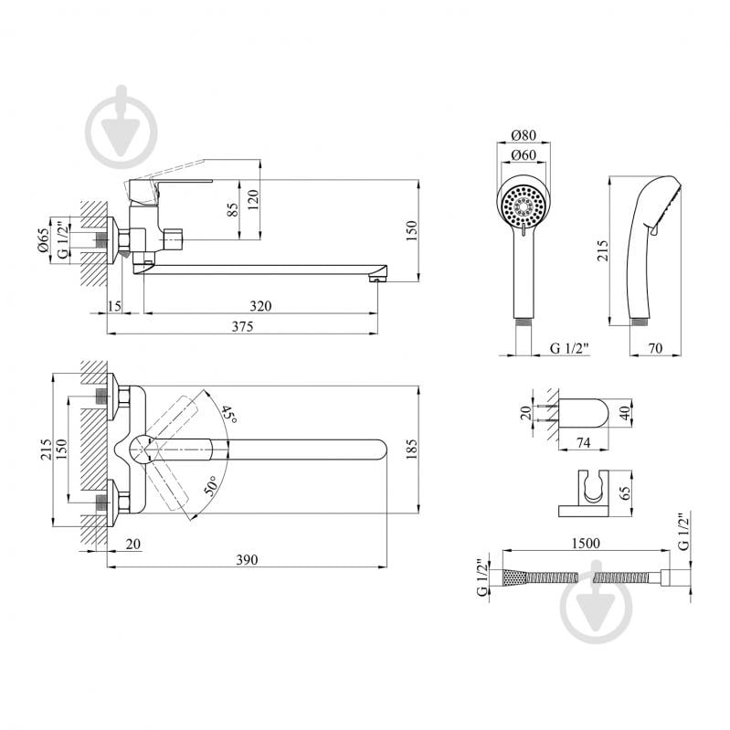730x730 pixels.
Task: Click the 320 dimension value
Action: pyautogui.click(x=260, y=305)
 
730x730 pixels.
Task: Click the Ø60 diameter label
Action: pyautogui.click(x=522, y=154)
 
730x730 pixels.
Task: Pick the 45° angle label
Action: pyautogui.click(x=227, y=418)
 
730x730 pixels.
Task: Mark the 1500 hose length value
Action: pyautogui.click(x=585, y=542)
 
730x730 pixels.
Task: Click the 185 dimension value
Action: pyautogui.click(x=410, y=449)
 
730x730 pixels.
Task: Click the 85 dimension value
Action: pyautogui.click(x=232, y=210)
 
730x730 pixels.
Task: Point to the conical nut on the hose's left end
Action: pyautogui.click(x=511, y=578)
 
